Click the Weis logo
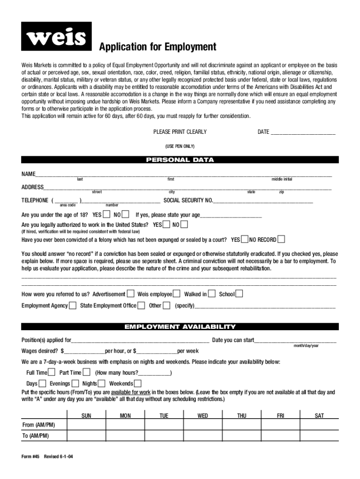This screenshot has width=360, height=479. (x=56, y=37)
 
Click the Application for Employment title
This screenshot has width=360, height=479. (x=157, y=47)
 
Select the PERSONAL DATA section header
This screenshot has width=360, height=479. (x=180, y=160)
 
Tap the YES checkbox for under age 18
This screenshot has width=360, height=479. (x=107, y=215)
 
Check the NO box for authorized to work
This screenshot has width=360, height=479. (x=184, y=225)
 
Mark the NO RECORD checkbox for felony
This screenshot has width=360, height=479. (x=281, y=239)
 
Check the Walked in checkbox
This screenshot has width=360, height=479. (x=212, y=294)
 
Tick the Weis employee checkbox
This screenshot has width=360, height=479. (x=177, y=294)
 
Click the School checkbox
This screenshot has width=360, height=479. (x=239, y=294)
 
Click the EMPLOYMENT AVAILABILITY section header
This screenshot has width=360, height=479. (x=180, y=327)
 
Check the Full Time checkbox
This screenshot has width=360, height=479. (x=52, y=372)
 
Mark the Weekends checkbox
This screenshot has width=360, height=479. (x=138, y=384)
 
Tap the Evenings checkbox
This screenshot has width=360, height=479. (x=74, y=384)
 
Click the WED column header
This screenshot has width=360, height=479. (x=203, y=415)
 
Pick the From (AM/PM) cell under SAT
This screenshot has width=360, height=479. (x=319, y=425)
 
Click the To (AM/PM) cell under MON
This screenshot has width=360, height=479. (x=125, y=435)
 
